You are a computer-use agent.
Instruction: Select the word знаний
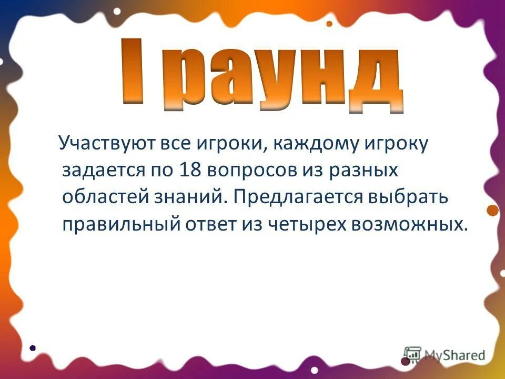pos(192,197)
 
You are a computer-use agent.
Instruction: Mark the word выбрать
pos(412,197)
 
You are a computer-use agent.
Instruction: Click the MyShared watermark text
pos(454,355)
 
